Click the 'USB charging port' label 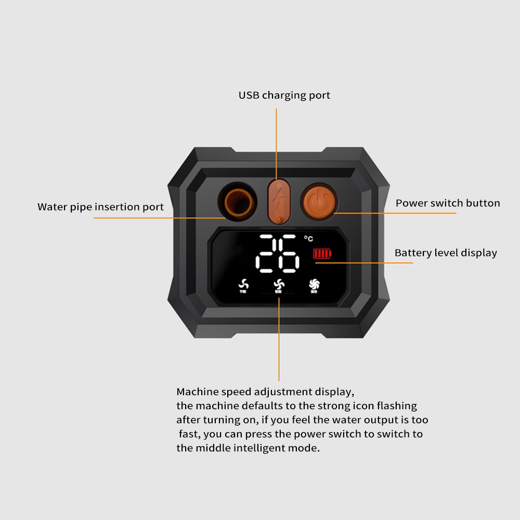click(284, 96)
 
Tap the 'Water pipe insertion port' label click(100, 207)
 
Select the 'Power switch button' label click(448, 203)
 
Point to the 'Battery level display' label click(446, 253)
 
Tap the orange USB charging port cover click(279, 200)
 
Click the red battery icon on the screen click(322, 254)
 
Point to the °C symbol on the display click(309, 239)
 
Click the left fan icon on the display click(243, 284)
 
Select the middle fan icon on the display click(278, 284)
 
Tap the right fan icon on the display click(314, 284)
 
